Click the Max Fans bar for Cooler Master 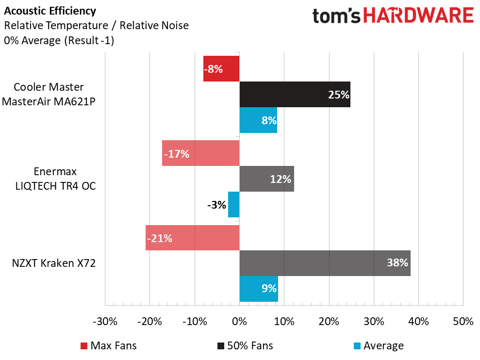pos(221,68)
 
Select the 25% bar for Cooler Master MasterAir pos(295,94)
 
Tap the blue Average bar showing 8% pos(258,120)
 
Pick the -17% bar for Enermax pos(200,153)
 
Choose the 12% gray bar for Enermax pos(266,179)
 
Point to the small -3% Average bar pos(234,204)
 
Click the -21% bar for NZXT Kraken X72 pos(192,238)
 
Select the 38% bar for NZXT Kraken pos(325,263)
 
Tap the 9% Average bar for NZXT pos(259,289)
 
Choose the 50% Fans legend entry pos(245,345)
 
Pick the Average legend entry pos(379,345)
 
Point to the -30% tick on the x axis pos(105,321)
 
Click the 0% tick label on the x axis pos(239,321)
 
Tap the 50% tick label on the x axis pos(463,321)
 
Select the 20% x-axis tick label pos(329,321)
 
